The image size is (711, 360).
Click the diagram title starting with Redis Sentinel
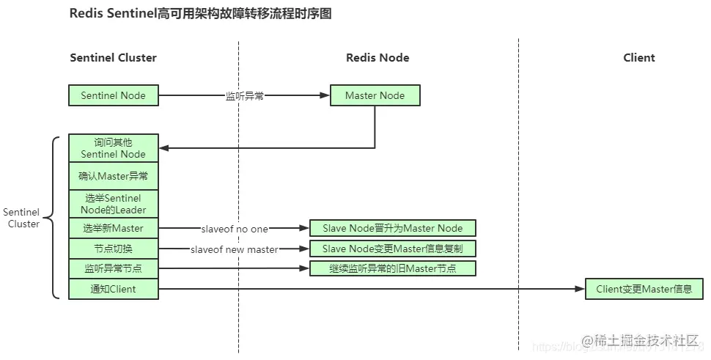point(200,14)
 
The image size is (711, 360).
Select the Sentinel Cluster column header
point(113,58)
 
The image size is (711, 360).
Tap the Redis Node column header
point(377,58)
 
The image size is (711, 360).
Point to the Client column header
point(638,58)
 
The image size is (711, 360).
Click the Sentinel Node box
point(113,95)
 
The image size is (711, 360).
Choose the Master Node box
point(375,95)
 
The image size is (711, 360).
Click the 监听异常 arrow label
point(244,96)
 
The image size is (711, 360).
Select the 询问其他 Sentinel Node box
point(113,148)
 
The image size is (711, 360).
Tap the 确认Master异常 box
point(113,176)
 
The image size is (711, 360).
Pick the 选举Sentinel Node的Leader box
point(113,204)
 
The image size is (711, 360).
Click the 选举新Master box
point(113,228)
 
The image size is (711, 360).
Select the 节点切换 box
point(113,249)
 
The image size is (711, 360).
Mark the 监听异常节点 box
point(113,268)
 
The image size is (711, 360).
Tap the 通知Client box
point(113,289)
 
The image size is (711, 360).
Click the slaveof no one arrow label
point(235,229)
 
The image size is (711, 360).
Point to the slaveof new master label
point(235,249)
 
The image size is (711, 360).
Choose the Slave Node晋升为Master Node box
point(393,228)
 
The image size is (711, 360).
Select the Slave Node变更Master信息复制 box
point(393,249)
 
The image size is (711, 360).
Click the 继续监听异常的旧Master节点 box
point(393,268)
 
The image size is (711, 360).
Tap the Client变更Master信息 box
point(644,289)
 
